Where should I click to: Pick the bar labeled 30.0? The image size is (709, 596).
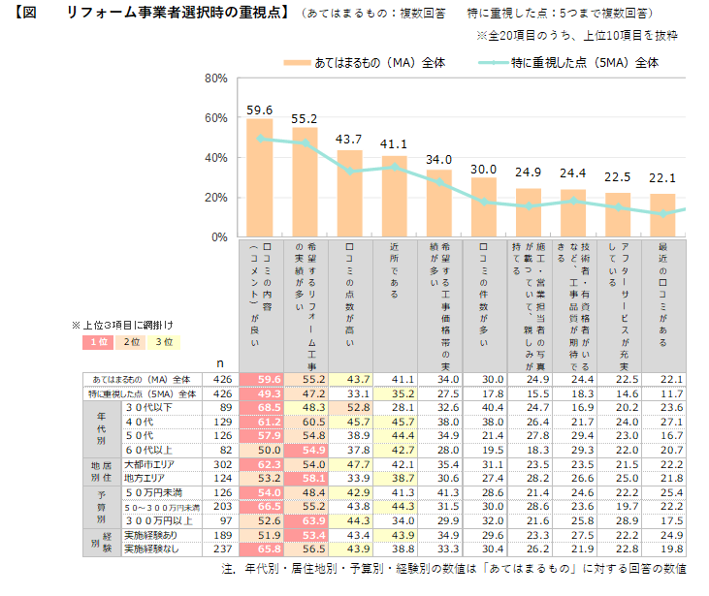click(x=483, y=207)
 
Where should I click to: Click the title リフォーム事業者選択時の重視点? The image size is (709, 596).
click(x=176, y=14)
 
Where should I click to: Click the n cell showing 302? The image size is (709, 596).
click(x=221, y=465)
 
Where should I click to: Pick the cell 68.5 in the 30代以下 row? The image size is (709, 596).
click(x=260, y=408)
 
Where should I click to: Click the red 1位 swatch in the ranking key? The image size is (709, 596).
click(x=99, y=341)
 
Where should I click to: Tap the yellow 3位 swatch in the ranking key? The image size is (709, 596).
click(x=168, y=341)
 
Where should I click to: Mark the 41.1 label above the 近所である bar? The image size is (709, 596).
click(x=394, y=145)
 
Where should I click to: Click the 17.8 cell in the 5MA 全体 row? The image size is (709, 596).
click(x=483, y=393)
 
